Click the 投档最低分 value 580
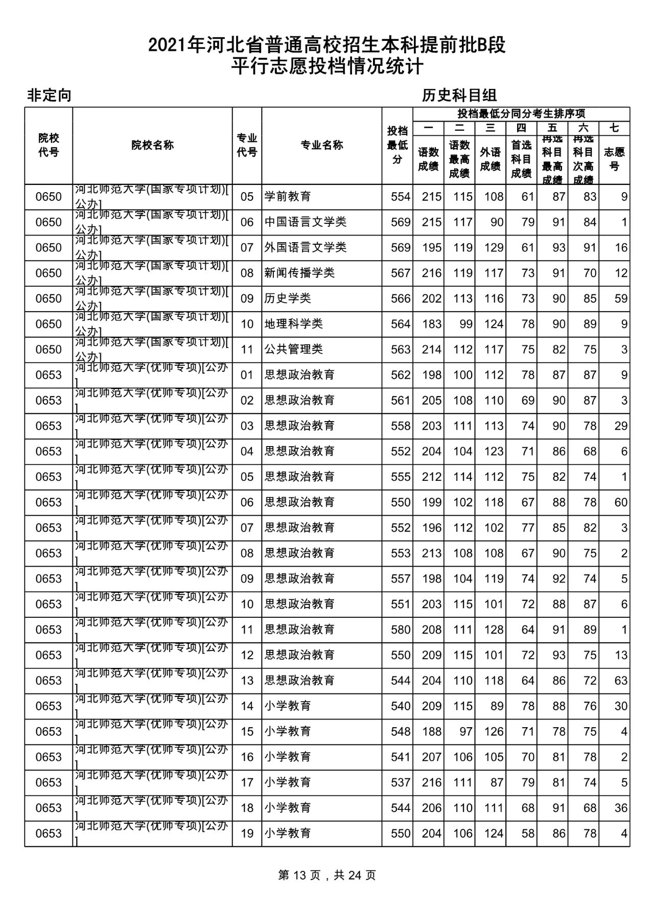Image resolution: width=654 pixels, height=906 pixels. (x=401, y=630)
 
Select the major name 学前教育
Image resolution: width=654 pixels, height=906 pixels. (x=287, y=197)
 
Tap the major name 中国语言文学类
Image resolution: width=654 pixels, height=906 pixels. (x=305, y=222)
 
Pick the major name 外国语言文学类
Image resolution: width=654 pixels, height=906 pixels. (x=305, y=248)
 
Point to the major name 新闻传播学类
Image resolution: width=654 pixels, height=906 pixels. (x=299, y=273)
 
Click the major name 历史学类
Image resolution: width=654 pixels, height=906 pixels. (x=287, y=298)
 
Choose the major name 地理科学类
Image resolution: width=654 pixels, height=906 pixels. (x=293, y=324)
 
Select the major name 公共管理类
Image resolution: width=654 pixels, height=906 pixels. (x=293, y=350)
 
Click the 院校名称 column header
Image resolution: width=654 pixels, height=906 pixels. (x=152, y=146)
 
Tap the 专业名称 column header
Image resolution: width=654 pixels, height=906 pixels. (x=321, y=146)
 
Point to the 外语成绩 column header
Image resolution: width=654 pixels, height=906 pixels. (x=490, y=159)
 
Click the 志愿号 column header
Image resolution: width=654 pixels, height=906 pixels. (x=614, y=159)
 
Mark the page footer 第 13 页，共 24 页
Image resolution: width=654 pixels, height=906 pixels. (x=327, y=875)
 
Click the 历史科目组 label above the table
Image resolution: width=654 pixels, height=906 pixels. (x=459, y=96)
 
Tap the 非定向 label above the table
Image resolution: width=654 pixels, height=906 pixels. (x=49, y=96)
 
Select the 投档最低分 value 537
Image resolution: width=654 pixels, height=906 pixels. (x=401, y=782)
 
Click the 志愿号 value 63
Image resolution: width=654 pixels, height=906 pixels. (x=621, y=681)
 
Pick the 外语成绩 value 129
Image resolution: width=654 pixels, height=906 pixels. (x=494, y=248)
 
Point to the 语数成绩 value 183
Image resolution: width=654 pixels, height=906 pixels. (x=431, y=324)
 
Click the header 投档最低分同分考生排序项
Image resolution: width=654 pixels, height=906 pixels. (x=521, y=114)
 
